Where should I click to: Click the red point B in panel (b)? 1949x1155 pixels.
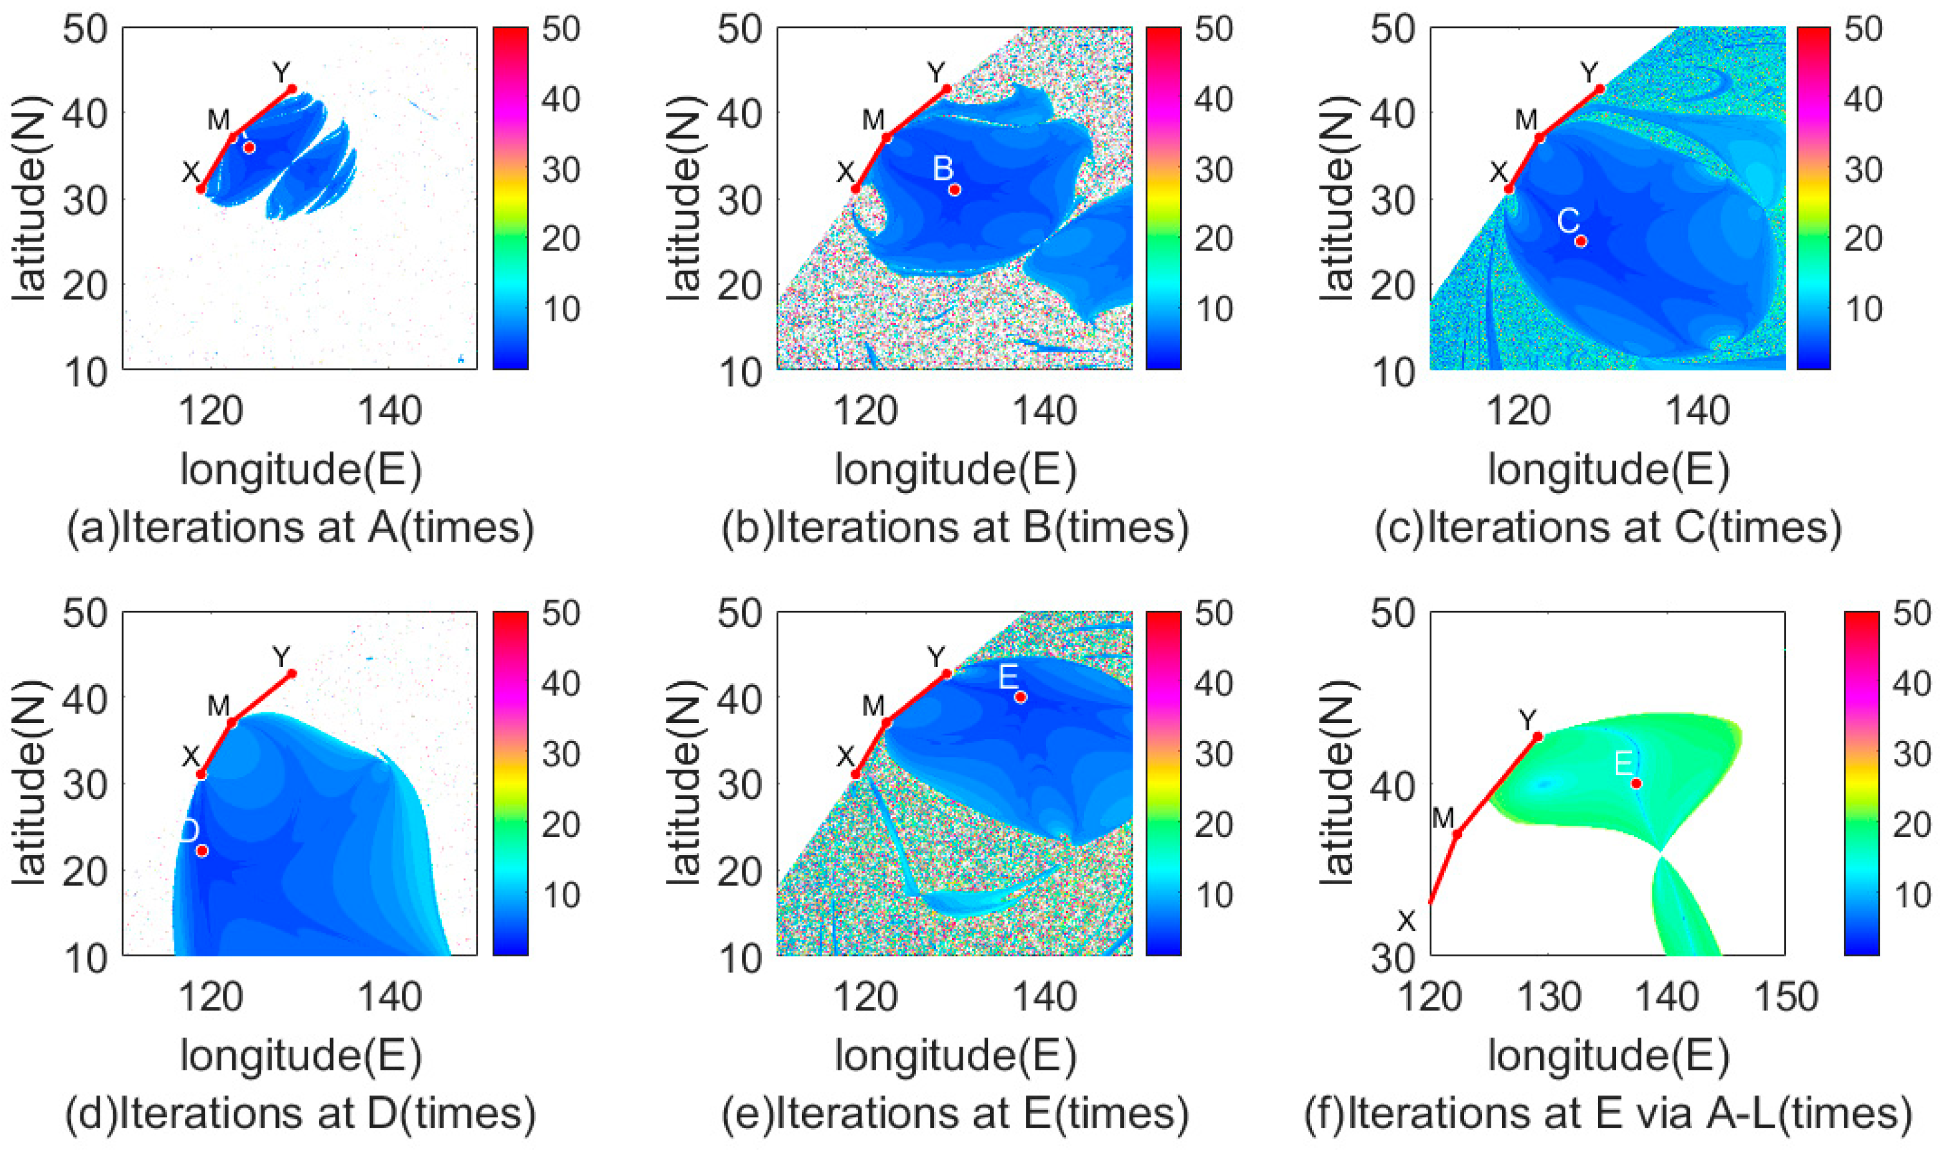click(955, 189)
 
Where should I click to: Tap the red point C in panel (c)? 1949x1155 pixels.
click(1581, 242)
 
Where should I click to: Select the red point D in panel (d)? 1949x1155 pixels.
click(202, 851)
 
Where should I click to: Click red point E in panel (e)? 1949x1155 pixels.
click(1021, 697)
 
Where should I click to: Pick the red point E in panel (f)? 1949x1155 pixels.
click(1637, 783)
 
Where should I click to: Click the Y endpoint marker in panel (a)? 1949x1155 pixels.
click(292, 88)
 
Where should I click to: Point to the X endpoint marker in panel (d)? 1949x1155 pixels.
click(201, 775)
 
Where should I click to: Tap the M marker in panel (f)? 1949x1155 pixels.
click(1457, 834)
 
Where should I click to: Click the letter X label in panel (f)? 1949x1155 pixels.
click(1407, 922)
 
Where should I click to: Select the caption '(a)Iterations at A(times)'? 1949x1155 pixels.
click(300, 528)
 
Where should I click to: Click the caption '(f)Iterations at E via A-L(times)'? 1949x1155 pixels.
click(1608, 1114)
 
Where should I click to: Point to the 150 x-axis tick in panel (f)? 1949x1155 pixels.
click(1786, 997)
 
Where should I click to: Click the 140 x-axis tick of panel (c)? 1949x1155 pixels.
click(1697, 411)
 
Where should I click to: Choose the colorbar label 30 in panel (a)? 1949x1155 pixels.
click(561, 169)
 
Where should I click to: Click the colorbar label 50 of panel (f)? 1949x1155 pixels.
click(1912, 614)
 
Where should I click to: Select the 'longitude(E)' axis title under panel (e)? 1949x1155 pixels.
click(956, 1055)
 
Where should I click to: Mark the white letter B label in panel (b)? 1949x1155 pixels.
click(943, 168)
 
